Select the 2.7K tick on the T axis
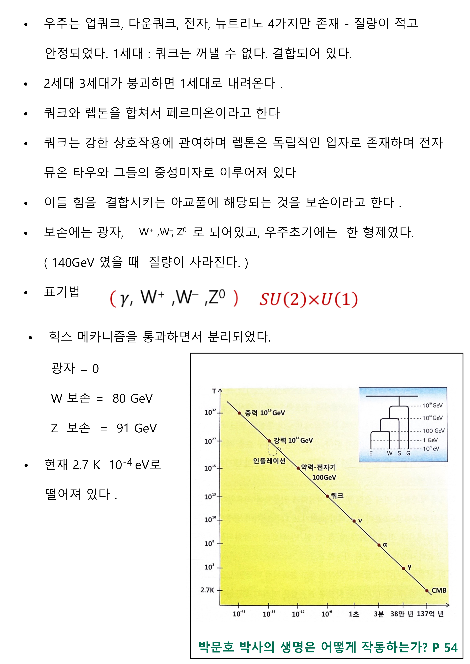click(207, 590)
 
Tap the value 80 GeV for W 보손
click(133, 398)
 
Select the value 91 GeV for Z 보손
click(137, 428)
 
